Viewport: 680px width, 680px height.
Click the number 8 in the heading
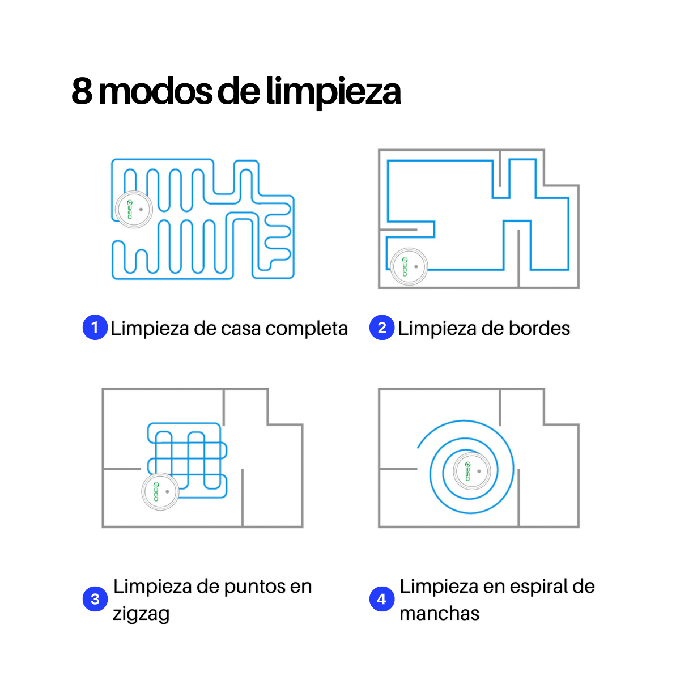point(82,91)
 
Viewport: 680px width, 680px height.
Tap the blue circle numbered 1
point(95,328)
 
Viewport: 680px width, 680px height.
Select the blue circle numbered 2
point(381,328)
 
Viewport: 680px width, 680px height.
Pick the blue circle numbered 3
point(95,599)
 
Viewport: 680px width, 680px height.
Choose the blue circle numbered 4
point(381,599)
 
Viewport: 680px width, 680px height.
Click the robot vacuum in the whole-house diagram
point(134,209)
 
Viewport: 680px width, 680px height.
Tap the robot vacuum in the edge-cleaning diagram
point(409,267)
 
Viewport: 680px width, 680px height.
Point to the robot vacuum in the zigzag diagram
point(160,491)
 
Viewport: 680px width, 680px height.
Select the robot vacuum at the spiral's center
point(472,471)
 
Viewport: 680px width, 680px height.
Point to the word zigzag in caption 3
point(141,614)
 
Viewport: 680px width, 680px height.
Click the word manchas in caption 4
point(439,613)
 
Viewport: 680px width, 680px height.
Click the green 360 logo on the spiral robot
point(467,471)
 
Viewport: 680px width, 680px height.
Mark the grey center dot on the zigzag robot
point(167,491)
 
